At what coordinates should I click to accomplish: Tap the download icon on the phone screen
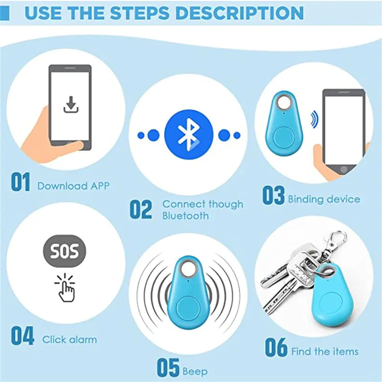[70, 104]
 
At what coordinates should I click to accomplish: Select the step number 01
[21, 183]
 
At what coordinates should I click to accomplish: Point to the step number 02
[141, 210]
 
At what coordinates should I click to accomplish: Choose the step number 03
[273, 196]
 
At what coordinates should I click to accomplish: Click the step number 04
[23, 336]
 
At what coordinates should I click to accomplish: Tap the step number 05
[168, 368]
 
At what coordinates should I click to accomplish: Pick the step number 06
[276, 348]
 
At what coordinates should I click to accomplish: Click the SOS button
[65, 252]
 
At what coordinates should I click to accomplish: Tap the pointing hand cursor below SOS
[65, 289]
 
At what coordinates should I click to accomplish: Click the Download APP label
[73, 186]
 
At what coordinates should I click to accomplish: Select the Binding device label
[324, 199]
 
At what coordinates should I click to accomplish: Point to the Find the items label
[325, 352]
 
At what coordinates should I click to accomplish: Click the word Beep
[195, 371]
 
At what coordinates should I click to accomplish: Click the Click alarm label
[69, 340]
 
